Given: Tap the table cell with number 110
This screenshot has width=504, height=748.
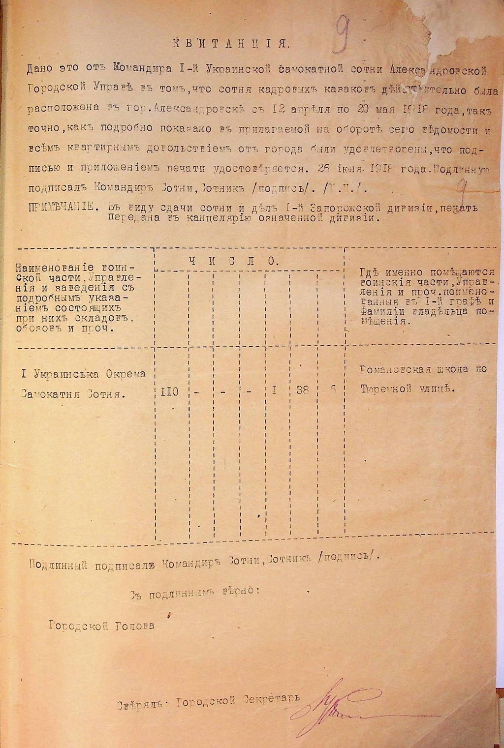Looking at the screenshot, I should point(168,392).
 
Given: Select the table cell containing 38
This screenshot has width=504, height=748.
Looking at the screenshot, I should point(302,392).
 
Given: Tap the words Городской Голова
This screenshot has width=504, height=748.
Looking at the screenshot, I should point(101,626).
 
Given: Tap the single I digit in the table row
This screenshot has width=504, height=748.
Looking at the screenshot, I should point(275,392).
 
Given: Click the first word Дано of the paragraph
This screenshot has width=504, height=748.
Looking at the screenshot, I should point(40,70).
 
